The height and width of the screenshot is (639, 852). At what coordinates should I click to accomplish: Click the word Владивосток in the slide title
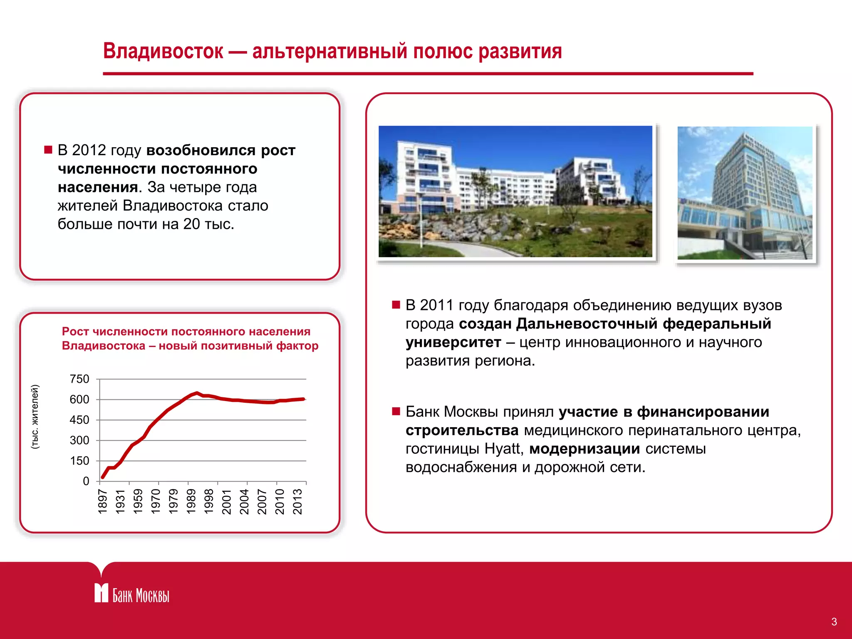[163, 51]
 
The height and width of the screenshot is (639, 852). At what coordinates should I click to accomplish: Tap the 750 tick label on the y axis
[79, 379]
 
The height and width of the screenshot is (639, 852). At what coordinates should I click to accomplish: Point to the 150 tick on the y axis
[79, 461]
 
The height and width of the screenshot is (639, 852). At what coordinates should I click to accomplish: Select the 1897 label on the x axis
[103, 502]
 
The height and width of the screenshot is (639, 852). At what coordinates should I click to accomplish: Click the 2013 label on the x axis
[297, 502]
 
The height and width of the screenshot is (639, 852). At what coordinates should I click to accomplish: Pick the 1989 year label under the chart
[191, 502]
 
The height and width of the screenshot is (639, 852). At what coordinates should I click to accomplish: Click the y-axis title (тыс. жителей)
[35, 416]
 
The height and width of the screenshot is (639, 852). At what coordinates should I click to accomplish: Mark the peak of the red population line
[197, 393]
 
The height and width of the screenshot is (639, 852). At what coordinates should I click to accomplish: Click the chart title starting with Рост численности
[190, 338]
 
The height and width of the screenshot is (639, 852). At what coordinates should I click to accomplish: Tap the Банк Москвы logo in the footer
[131, 594]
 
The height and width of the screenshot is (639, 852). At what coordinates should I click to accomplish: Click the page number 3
[834, 622]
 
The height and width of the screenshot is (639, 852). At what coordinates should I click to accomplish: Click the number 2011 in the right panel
[436, 305]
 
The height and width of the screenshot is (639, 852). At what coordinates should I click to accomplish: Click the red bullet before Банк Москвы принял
[396, 412]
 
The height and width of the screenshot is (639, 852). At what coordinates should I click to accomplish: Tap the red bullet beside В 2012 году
[48, 150]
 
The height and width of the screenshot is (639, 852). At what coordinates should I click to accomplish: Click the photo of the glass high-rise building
[745, 193]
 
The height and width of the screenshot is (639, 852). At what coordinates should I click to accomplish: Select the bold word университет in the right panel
[453, 342]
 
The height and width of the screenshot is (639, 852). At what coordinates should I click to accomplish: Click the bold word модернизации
[585, 449]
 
